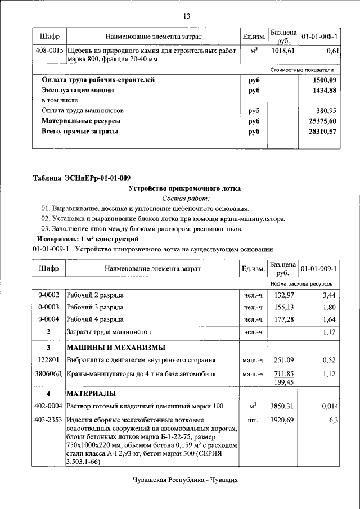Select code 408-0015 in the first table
(49, 51)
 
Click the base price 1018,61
(283, 51)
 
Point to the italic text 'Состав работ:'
(186, 199)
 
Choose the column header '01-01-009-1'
(319, 269)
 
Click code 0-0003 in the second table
(49, 307)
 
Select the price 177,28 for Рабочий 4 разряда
(283, 319)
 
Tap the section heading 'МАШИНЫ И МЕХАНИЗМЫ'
(116, 346)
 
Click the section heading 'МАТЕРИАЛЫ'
(91, 393)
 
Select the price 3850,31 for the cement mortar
(283, 406)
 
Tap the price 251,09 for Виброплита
(283, 360)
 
